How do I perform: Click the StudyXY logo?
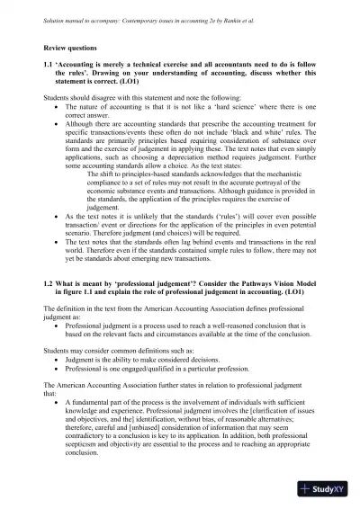(325, 489)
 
